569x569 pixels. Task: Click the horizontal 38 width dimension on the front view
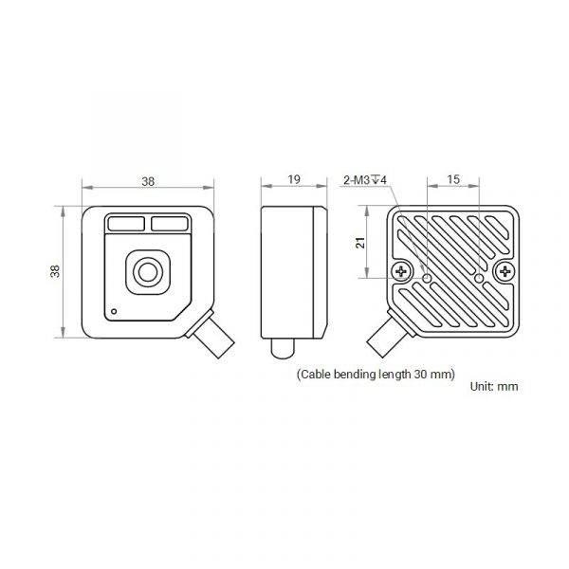[148, 181]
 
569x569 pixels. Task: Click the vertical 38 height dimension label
[55, 271]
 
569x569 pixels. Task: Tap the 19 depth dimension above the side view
[294, 179]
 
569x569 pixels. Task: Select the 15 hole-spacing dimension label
[453, 179]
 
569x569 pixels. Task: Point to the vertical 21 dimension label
[360, 243]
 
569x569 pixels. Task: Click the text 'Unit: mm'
[494, 386]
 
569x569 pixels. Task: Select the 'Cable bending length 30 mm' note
[376, 375]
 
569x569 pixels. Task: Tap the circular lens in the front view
[148, 272]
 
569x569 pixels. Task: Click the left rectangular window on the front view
[126, 224]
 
